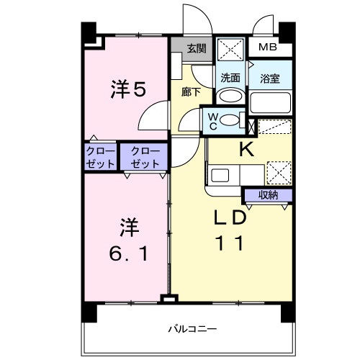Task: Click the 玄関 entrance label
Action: [x=196, y=49]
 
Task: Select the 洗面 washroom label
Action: [x=230, y=78]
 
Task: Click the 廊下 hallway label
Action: [x=191, y=91]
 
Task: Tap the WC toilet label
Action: [x=213, y=120]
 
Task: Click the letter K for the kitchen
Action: [x=246, y=150]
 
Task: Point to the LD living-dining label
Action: [x=230, y=217]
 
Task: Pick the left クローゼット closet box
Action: [x=100, y=158]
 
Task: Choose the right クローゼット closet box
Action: [x=145, y=158]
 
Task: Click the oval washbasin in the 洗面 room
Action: [x=230, y=97]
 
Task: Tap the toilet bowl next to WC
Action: [x=231, y=120]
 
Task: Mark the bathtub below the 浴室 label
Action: [x=271, y=102]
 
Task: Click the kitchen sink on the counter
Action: [x=220, y=175]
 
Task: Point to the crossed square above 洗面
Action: [x=231, y=48]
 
